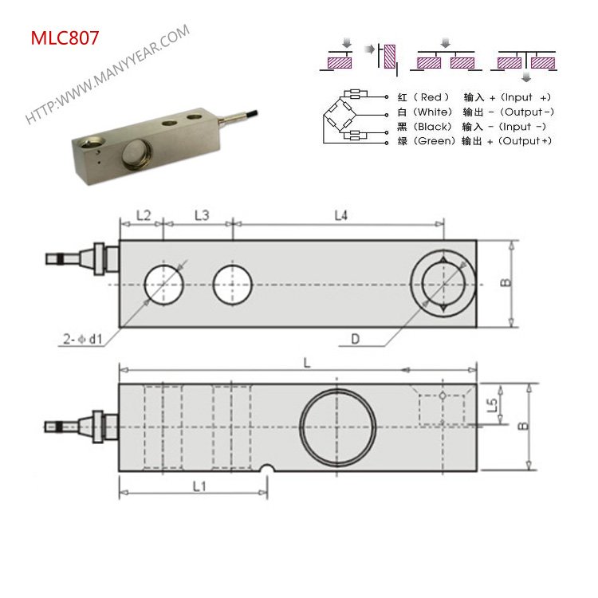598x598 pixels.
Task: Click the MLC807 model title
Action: [x=65, y=37]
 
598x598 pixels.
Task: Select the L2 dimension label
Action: [x=143, y=215]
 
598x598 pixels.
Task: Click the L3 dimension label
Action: [x=201, y=215]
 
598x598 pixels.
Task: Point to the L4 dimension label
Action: [x=340, y=215]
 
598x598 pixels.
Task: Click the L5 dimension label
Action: [x=493, y=405]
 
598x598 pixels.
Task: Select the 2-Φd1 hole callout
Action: [x=81, y=339]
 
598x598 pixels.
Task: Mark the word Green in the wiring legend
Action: [x=435, y=141]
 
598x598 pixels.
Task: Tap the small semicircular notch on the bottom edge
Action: [x=269, y=469]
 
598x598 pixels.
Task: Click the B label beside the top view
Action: [x=506, y=284]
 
